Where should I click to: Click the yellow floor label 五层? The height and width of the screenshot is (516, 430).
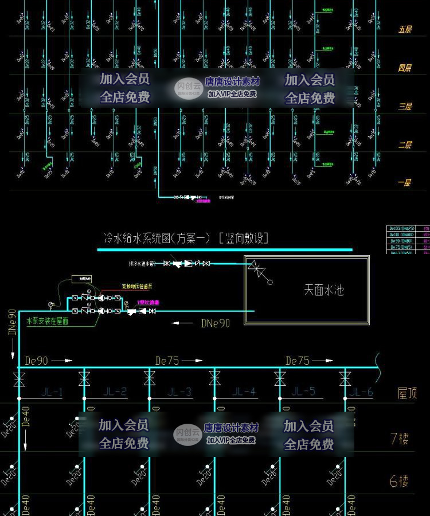405,29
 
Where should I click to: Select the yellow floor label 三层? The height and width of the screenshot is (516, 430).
405,107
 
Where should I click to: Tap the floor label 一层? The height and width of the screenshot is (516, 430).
405,183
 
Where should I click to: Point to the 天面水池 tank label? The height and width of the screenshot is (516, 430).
323,290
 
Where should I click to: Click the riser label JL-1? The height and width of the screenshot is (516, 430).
52,392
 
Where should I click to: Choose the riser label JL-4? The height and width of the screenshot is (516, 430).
244,392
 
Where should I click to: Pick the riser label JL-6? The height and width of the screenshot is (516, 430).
362,392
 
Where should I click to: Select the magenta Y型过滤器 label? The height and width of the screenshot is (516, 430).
148,302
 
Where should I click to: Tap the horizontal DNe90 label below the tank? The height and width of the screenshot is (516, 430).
216,323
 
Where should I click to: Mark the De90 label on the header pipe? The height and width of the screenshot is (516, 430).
37,361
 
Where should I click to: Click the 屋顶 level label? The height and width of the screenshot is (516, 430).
407,393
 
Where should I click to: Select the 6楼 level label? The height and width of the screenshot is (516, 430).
400,482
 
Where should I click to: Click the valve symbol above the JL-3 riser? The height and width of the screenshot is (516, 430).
149,378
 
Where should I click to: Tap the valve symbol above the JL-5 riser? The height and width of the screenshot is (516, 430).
280,378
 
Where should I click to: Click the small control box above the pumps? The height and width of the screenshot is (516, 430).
81,279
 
